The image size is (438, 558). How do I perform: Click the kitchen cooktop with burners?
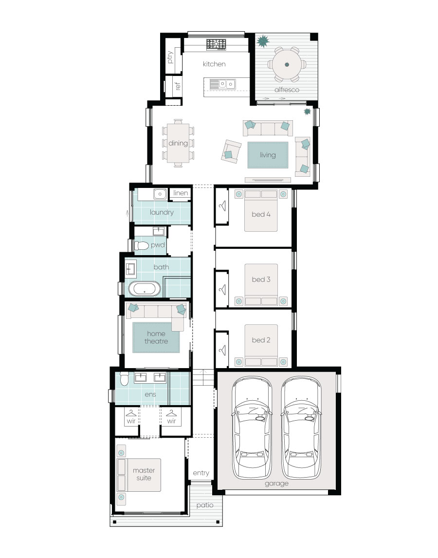(x=216, y=44)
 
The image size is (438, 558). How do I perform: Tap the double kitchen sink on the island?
(x=227, y=84)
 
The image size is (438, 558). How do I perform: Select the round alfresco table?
(x=287, y=65)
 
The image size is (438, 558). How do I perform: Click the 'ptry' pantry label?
(x=170, y=57)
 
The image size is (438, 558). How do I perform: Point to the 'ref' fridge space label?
(x=178, y=86)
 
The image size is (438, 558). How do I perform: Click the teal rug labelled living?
(x=268, y=155)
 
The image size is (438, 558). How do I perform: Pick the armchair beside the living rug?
(x=231, y=151)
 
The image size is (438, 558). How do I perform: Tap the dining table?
(x=178, y=143)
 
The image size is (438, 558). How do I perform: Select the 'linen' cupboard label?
(x=181, y=193)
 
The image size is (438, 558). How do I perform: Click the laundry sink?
(x=160, y=194)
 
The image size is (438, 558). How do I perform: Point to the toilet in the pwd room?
(x=141, y=245)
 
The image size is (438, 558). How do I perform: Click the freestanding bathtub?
(x=145, y=289)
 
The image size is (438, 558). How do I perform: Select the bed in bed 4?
(x=261, y=211)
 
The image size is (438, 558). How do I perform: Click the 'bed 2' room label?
(x=261, y=340)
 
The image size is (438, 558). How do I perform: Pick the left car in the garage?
(x=252, y=428)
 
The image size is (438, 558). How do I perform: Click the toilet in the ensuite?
(x=124, y=379)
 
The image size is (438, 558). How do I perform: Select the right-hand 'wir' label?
(x=171, y=421)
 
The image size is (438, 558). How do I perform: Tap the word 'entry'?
(x=201, y=473)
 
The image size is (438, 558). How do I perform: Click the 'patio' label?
(x=205, y=505)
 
